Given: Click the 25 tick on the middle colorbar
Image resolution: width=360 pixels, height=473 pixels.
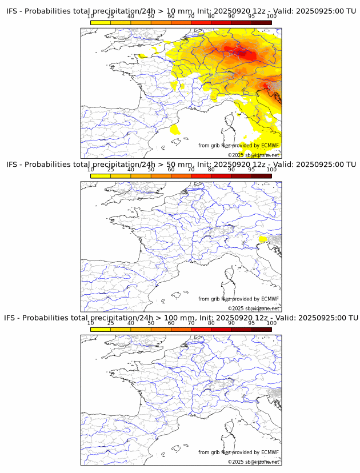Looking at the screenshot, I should coord(111,177).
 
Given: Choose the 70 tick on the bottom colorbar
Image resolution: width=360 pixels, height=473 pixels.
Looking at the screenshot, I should coord(191,330).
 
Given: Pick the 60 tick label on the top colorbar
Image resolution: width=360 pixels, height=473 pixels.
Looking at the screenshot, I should coord(171,17).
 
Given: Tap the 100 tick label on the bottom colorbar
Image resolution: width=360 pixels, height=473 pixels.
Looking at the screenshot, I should coord(271,323).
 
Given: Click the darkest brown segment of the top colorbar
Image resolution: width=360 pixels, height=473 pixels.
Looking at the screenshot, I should coord(261,22).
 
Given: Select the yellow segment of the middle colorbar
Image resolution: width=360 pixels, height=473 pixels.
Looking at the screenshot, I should coord(101,175).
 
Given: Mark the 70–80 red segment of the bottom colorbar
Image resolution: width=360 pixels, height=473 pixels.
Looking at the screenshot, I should coord(201,328).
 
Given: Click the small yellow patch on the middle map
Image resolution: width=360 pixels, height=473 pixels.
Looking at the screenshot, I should coord(263,238).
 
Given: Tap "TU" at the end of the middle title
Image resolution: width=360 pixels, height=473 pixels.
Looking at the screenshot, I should coord(350,165).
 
